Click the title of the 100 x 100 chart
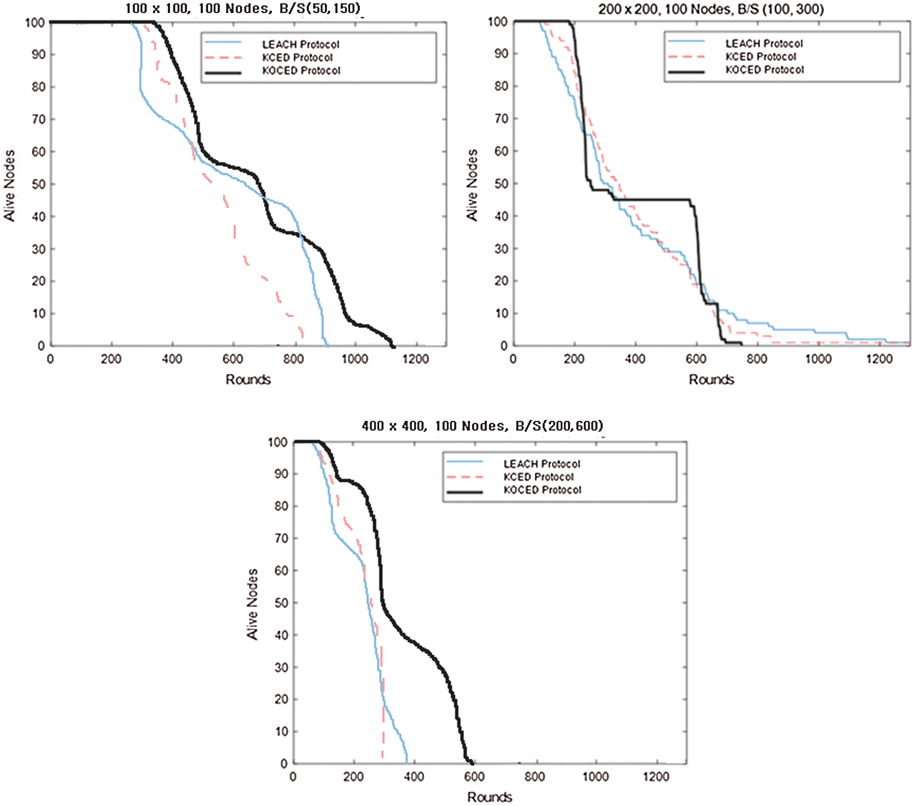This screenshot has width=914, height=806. pyautogui.click(x=243, y=8)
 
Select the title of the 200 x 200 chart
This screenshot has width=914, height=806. pyautogui.click(x=711, y=9)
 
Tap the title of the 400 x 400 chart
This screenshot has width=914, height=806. pyautogui.click(x=482, y=425)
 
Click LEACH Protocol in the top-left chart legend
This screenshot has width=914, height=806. pyautogui.click(x=300, y=45)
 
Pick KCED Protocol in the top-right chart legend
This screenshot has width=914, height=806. pyautogui.click(x=761, y=57)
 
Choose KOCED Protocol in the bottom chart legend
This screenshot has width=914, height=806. pyautogui.click(x=542, y=490)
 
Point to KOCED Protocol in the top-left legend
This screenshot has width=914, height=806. pyautogui.click(x=301, y=71)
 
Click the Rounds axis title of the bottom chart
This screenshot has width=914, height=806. pyautogui.click(x=489, y=797)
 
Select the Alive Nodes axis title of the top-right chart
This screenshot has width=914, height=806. pyautogui.click(x=472, y=185)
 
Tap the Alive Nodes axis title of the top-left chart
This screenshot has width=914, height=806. pyautogui.click(x=10, y=186)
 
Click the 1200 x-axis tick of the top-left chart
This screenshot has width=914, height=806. pyautogui.click(x=415, y=359)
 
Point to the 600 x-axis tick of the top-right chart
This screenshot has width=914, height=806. pyautogui.click(x=696, y=359)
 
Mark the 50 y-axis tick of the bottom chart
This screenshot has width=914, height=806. pyautogui.click(x=281, y=603)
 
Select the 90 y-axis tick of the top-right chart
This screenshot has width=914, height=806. pyautogui.click(x=501, y=53)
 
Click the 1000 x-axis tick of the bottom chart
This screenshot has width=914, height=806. pyautogui.click(x=595, y=776)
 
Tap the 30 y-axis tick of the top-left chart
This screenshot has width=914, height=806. pyautogui.click(x=38, y=249)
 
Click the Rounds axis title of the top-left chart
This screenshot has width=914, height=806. pyautogui.click(x=248, y=379)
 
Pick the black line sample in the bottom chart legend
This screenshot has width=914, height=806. pyautogui.click(x=464, y=492)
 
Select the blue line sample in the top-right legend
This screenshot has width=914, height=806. pyautogui.click(x=686, y=42)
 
